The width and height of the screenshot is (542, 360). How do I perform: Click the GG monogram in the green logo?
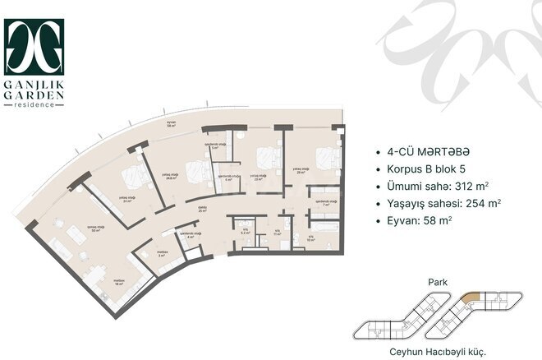[x=34, y=48]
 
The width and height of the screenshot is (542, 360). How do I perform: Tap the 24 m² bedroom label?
[x=127, y=200]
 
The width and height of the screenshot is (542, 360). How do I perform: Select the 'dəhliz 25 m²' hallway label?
[x=201, y=210]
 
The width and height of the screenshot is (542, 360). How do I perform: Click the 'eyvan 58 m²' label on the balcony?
[x=172, y=125]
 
